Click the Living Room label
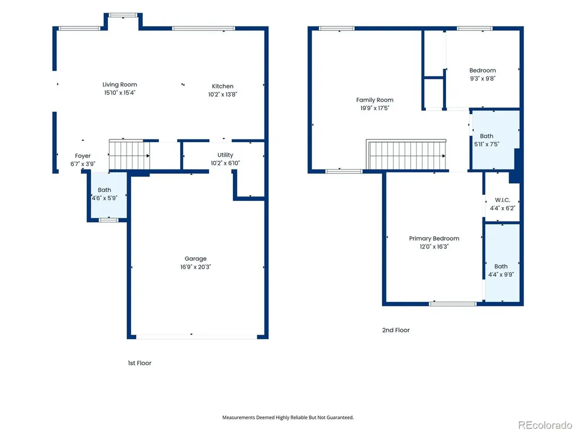click(120, 84)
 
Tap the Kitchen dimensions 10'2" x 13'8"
click(223, 94)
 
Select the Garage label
click(195, 259)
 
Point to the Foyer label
click(83, 156)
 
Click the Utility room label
click(225, 155)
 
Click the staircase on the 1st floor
click(129, 155)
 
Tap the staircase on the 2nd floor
click(407, 155)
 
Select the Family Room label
click(375, 100)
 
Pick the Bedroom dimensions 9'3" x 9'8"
click(483, 79)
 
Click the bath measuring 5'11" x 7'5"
click(495, 139)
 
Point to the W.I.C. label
click(502, 200)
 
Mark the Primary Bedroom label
click(434, 238)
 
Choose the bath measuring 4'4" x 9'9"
click(502, 263)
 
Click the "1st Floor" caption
click(139, 363)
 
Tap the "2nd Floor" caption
click(395, 330)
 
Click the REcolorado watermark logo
click(544, 425)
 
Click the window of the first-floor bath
click(109, 220)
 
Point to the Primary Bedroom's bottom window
click(453, 304)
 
